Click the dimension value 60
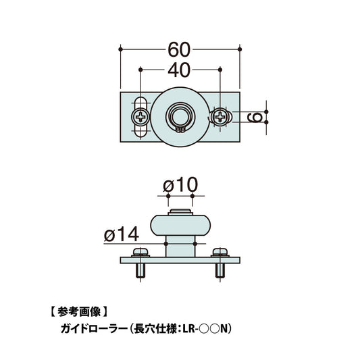[x=180, y=50]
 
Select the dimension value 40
[x=180, y=69]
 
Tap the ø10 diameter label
[x=180, y=184]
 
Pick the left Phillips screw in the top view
[x=140, y=117]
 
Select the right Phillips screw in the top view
[x=220, y=117]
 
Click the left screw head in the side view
[x=141, y=253]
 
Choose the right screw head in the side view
[x=220, y=253]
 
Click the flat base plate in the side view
[x=180, y=261]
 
